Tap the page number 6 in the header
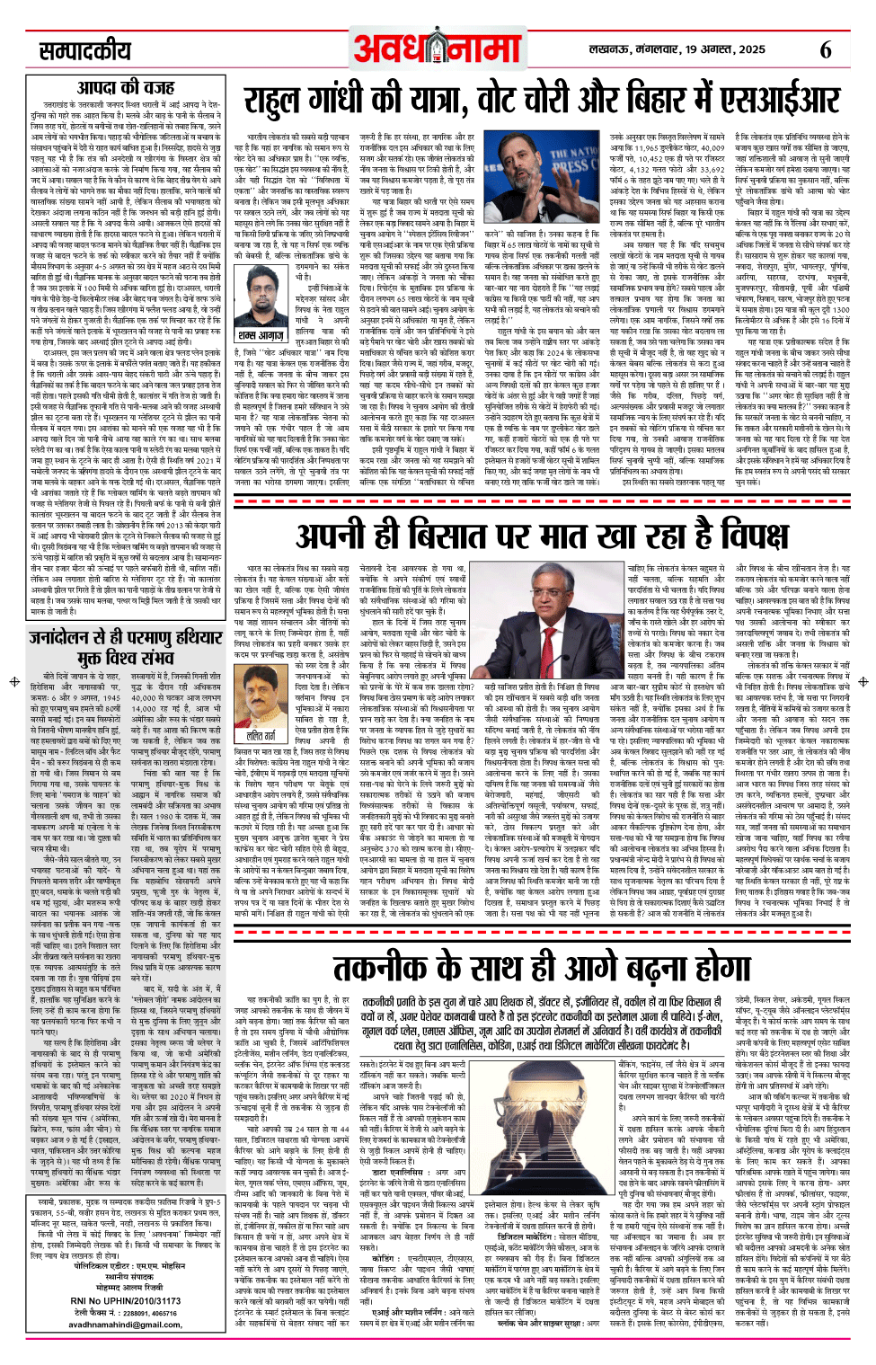tap(825, 49)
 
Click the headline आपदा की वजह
tap(126, 87)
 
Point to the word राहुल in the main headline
tap(286, 102)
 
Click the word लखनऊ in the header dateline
tap(611, 49)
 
